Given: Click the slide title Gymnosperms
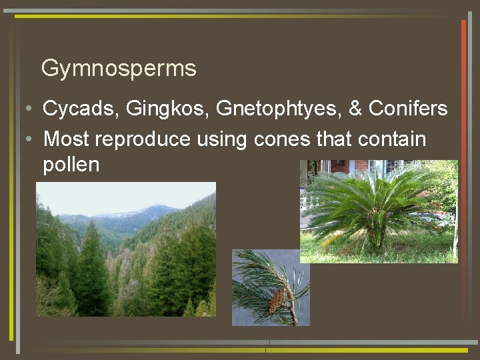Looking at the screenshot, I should tap(119, 68).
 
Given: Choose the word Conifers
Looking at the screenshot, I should tap(408, 109).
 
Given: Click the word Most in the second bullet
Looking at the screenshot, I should tap(67, 139).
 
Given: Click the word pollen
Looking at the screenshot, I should tap(71, 165).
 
